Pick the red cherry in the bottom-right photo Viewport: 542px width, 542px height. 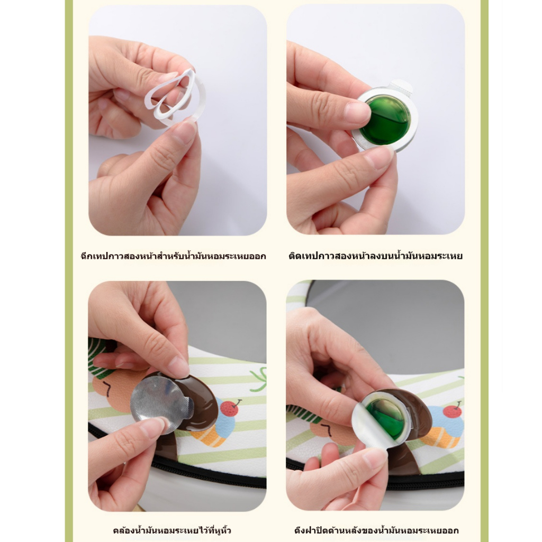[x=452, y=411]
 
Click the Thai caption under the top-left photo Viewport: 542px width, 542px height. [x=173, y=257]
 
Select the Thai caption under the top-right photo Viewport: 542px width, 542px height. [x=375, y=257]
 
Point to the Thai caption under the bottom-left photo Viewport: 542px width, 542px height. [x=172, y=530]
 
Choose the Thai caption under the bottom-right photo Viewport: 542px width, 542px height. [x=376, y=530]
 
